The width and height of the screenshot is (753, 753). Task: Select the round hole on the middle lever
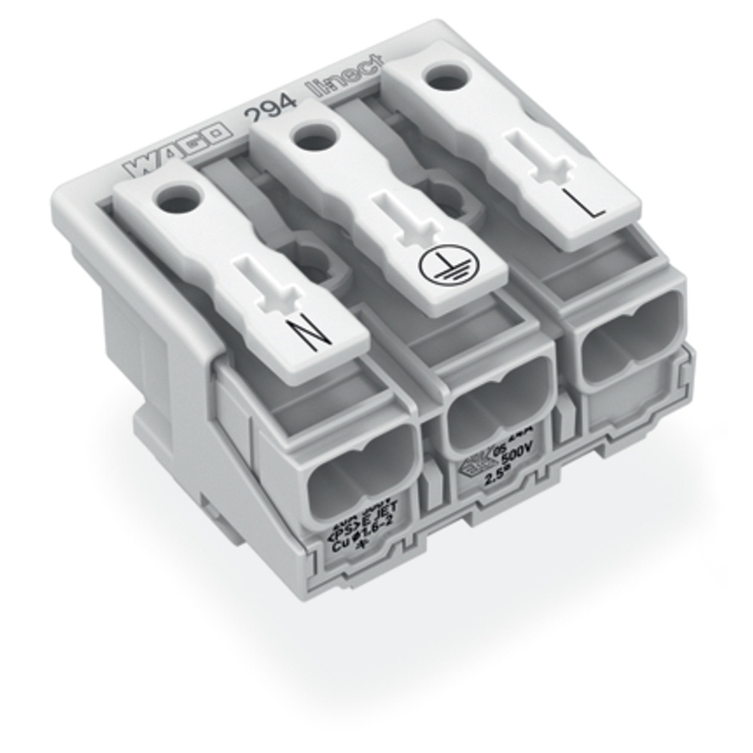click(310, 138)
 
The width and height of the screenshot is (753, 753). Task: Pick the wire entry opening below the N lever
click(361, 468)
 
